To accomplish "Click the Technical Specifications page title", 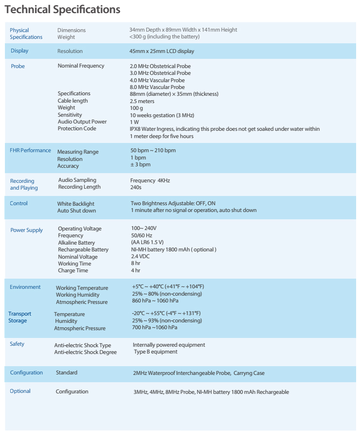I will [63, 9].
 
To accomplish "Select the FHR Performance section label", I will [30, 150].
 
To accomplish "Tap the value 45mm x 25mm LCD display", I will [162, 51].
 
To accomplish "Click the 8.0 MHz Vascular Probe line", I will [157, 87].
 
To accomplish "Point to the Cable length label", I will [73, 101].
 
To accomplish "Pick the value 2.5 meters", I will [142, 101].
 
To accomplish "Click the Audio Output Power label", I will [82, 122].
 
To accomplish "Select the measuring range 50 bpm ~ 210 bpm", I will [153, 150].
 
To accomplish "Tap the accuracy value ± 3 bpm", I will [140, 165].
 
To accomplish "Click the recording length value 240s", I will [136, 187].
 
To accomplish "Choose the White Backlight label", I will [76, 204].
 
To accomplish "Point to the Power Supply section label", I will [27, 230].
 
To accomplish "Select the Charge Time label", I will [73, 270].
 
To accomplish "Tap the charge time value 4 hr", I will [136, 270].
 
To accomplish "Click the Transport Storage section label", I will [19, 317].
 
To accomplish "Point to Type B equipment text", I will [155, 352].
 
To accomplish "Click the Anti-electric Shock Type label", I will [83, 345].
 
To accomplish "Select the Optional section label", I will [20, 391].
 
